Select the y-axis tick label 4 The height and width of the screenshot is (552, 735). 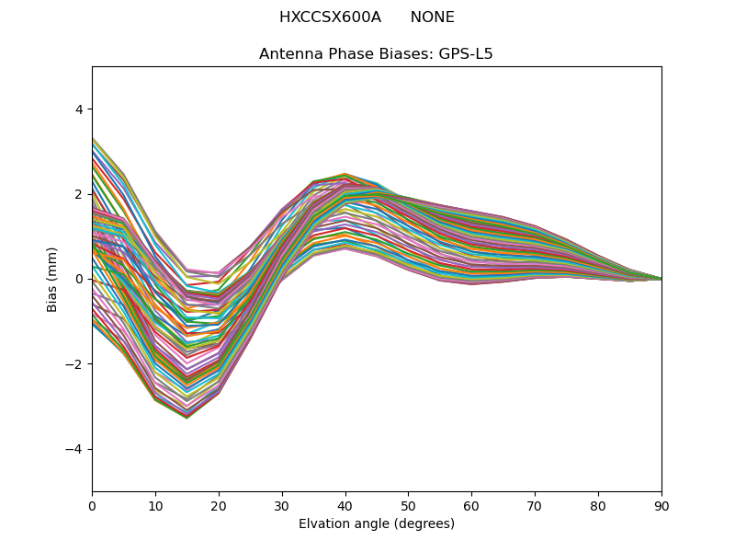79,109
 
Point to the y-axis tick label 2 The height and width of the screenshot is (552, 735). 79,194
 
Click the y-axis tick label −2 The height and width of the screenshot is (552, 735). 75,364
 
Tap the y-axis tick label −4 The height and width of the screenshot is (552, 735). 75,449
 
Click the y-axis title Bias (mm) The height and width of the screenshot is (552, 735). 52,279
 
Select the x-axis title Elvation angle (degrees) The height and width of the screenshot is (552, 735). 377,523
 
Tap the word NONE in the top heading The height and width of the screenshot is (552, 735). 432,17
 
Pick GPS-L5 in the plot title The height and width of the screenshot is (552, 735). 464,54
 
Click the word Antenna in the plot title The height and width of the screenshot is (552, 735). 288,54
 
